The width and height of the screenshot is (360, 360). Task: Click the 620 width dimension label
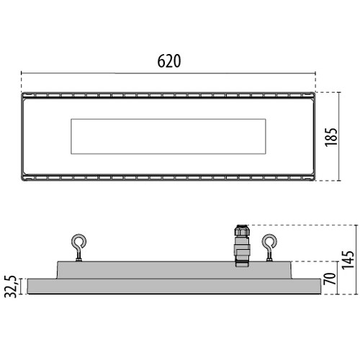tap(169, 61)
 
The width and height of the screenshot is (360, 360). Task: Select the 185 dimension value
tap(331, 135)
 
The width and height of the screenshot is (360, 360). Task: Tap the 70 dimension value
tap(330, 278)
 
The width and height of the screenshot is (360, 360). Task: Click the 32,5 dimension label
tap(11, 284)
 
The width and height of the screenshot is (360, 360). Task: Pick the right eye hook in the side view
tap(269, 246)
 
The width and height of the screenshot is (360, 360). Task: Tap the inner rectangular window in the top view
tap(169, 136)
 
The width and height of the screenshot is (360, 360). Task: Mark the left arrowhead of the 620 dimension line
tap(23, 73)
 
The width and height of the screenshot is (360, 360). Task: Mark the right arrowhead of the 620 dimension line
tap(315, 73)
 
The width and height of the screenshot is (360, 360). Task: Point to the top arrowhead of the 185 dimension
tap(338, 94)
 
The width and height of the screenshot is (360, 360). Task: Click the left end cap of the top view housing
tap(25, 136)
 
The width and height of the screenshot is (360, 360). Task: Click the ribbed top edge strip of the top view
tap(169, 96)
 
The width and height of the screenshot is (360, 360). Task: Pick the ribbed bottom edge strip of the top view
tap(169, 176)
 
